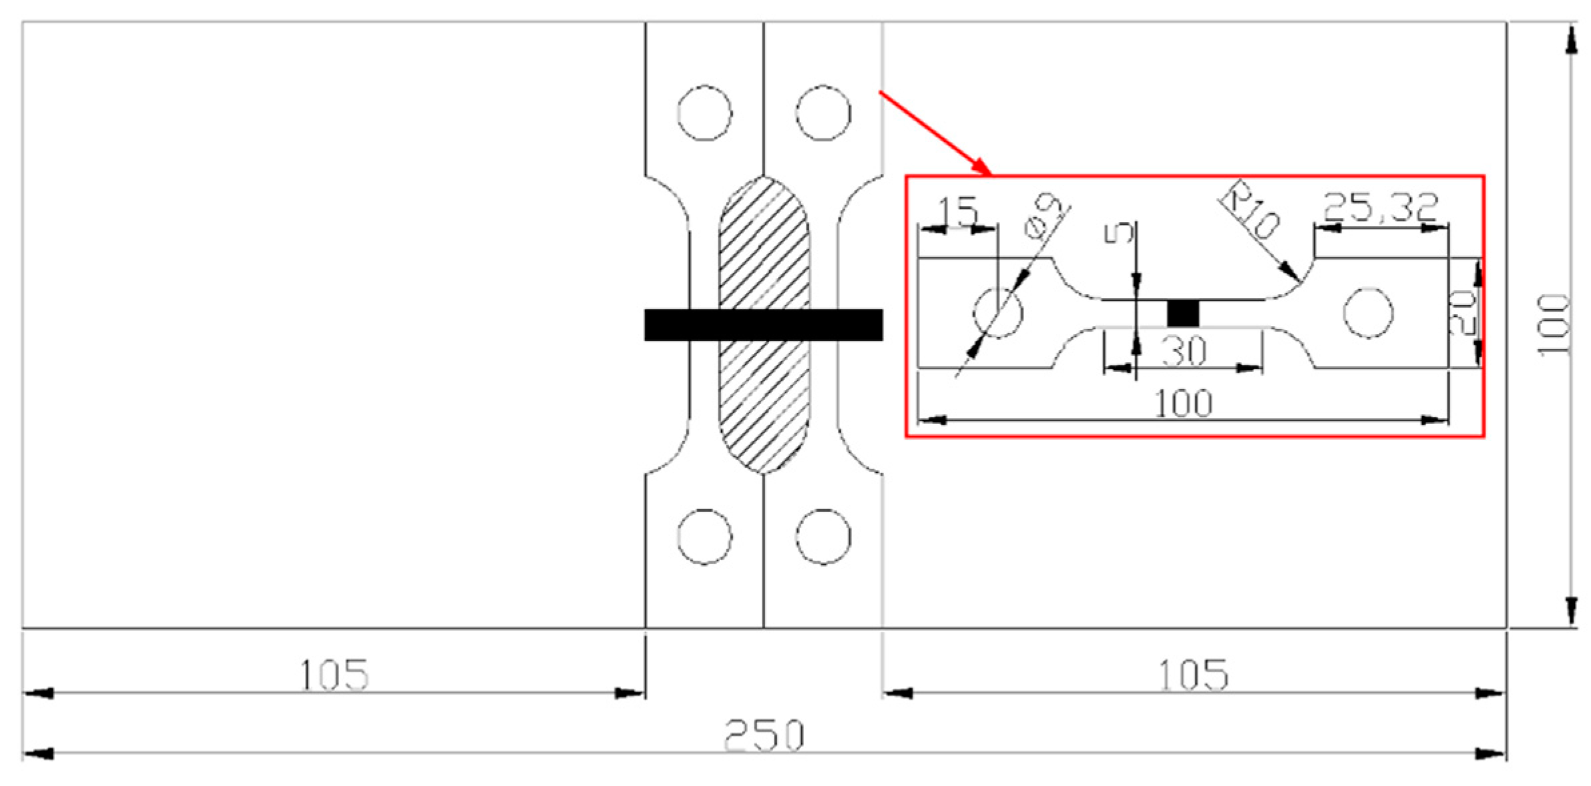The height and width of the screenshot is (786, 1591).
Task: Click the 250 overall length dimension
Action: tap(764, 735)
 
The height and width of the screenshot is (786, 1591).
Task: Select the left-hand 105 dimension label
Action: tap(332, 675)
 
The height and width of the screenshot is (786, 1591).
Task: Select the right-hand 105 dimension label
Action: tap(1192, 675)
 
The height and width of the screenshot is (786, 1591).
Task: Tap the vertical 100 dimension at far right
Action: tap(1553, 326)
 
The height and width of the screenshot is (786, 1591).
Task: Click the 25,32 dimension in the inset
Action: tap(1379, 207)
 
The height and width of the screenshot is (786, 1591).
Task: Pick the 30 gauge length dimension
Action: tap(1183, 351)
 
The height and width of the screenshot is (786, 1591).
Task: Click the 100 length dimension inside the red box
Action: tap(1183, 404)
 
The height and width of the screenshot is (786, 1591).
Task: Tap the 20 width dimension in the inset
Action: tap(1462, 312)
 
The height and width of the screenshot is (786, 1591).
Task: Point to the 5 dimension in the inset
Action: tap(1118, 234)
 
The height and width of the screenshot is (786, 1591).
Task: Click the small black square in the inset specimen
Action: tap(1182, 313)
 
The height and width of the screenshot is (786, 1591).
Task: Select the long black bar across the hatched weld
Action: tap(763, 325)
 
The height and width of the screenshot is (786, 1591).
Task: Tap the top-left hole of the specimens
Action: tap(704, 113)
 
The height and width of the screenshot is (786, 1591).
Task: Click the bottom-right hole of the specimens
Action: tap(823, 536)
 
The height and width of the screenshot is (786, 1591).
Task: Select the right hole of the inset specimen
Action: tap(1367, 313)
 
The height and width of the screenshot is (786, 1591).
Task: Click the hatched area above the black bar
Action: tap(763, 247)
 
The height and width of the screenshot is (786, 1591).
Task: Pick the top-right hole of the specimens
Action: tap(823, 113)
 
